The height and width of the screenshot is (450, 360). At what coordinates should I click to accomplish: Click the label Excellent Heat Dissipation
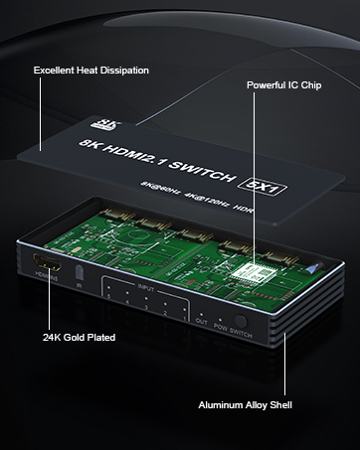90,71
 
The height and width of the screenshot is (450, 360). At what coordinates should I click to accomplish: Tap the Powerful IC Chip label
283,86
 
